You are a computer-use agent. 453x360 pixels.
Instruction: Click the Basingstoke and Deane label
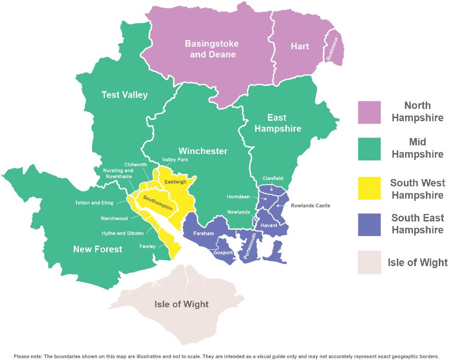(211, 49)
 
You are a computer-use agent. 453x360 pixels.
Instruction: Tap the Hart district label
(299, 46)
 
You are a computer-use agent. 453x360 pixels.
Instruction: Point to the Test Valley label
(124, 95)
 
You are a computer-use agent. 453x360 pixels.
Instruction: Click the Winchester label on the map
(203, 151)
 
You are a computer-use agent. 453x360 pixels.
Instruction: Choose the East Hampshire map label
(278, 123)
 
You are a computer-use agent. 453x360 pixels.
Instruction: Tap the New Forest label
(98, 249)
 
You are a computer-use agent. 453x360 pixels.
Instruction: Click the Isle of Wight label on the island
(181, 304)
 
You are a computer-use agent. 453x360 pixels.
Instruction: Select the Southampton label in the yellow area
(157, 203)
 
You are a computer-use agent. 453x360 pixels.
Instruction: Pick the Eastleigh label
(175, 181)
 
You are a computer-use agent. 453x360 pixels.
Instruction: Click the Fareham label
(204, 233)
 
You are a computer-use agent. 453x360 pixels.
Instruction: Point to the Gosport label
(223, 252)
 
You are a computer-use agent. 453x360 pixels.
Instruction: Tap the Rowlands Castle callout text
(310, 206)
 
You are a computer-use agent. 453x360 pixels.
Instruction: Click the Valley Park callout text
(175, 160)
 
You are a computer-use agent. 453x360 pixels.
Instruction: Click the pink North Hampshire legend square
(369, 112)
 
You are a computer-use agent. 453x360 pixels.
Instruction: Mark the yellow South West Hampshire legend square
(369, 188)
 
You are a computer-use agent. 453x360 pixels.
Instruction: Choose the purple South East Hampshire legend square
(369, 224)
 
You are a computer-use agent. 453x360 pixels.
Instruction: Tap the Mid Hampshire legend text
(417, 148)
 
